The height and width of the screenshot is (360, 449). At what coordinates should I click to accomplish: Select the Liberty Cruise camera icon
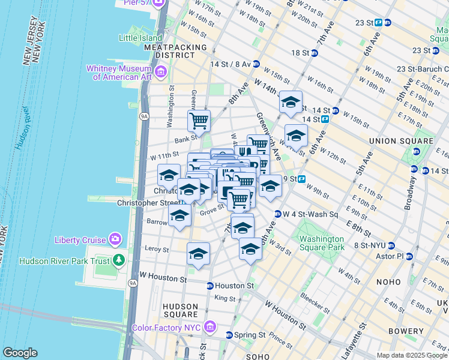pyautogui.click(x=115, y=240)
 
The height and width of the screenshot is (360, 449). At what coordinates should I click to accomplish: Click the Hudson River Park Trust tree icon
pyautogui.click(x=119, y=260)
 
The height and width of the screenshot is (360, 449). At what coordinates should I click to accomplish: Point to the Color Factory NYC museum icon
pyautogui.click(x=209, y=327)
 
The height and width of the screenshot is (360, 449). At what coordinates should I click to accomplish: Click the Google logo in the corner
pyautogui.click(x=20, y=352)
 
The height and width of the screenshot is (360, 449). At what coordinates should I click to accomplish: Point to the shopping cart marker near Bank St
pyautogui.click(x=199, y=121)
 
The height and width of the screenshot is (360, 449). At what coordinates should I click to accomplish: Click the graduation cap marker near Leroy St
pyautogui.click(x=198, y=254)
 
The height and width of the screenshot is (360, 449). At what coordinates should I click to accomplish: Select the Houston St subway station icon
pyautogui.click(x=210, y=286)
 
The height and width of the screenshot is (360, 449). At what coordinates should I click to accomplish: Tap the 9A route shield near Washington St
pyautogui.click(x=144, y=116)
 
